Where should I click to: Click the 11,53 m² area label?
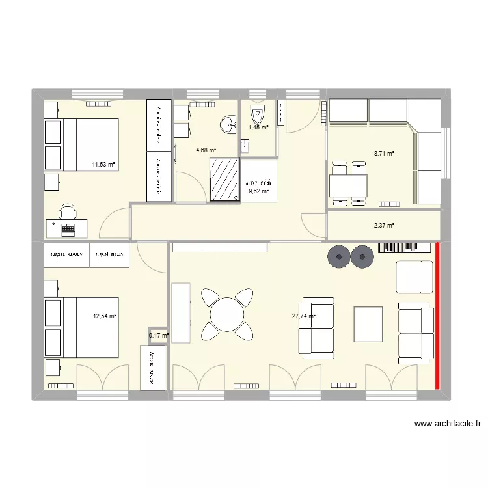(x=103, y=165)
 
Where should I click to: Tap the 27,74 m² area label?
(x=304, y=317)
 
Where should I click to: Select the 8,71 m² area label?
(x=384, y=154)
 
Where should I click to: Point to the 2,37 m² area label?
(x=384, y=226)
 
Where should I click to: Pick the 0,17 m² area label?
(x=159, y=336)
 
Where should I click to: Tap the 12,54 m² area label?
(x=105, y=316)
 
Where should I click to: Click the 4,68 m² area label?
(x=206, y=150)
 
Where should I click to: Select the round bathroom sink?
(x=228, y=123)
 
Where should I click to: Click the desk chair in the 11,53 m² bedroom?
(x=68, y=211)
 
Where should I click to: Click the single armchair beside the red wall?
(x=414, y=277)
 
